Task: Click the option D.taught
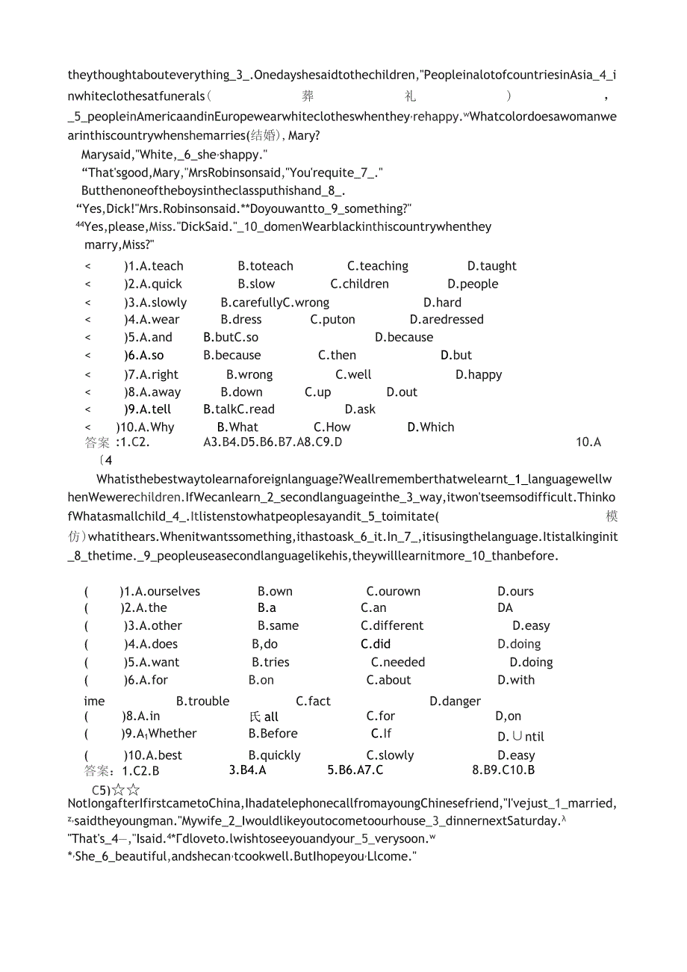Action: pos(491,266)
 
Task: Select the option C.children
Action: pos(359,284)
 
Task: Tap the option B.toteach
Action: pos(265,266)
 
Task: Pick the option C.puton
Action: pos(332,320)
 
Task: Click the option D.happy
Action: pos(479,375)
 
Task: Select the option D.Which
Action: pos(430,427)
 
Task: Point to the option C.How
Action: pos(332,427)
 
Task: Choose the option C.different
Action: pos(391,626)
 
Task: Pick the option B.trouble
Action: pos(202,702)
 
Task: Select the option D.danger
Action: pos(455,702)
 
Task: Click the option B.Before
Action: pos(273,734)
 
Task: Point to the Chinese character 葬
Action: pos(308,96)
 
